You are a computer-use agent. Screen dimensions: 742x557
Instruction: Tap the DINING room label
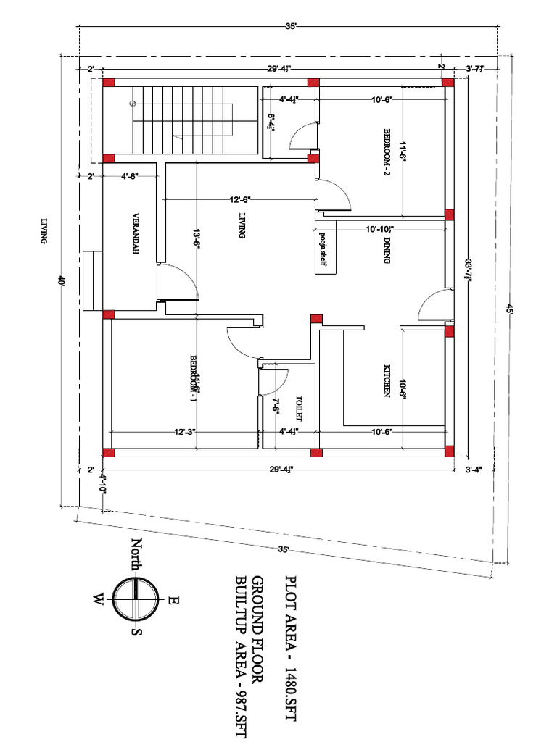(387, 251)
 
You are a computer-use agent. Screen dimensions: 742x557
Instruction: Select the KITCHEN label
(387, 380)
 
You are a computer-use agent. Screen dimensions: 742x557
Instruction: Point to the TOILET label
(298, 408)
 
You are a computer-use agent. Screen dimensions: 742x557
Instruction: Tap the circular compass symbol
(136, 599)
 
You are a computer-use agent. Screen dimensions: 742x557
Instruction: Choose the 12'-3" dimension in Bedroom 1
(184, 432)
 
